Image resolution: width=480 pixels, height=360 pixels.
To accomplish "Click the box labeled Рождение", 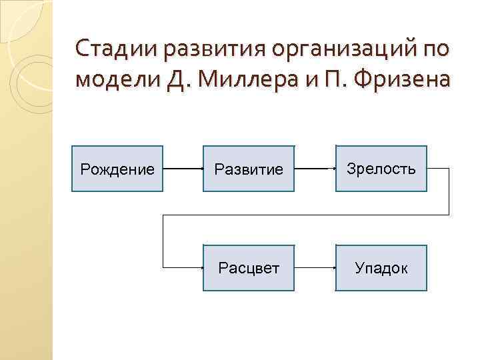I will pyautogui.click(x=117, y=169).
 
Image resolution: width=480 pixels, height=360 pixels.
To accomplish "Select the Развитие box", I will pyautogui.click(x=249, y=169).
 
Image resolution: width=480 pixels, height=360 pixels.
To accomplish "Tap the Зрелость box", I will pyautogui.click(x=381, y=169).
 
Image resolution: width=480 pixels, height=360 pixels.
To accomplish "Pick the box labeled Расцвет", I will pyautogui.click(x=249, y=268).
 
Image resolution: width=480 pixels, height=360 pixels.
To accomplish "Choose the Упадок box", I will pyautogui.click(x=381, y=268).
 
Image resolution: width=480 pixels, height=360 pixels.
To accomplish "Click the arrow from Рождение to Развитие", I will pyautogui.click(x=183, y=169).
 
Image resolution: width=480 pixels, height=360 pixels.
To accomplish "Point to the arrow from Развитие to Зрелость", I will pyautogui.click(x=315, y=169).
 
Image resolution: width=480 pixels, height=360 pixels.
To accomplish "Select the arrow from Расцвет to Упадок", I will pyautogui.click(x=315, y=268).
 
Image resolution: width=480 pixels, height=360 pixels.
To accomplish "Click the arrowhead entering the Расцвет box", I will pyautogui.click(x=201, y=268).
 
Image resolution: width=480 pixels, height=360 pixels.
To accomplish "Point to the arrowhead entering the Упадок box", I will pyautogui.click(x=333, y=268).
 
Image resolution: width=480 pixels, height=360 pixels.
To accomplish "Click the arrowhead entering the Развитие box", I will pyautogui.click(x=201, y=169).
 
